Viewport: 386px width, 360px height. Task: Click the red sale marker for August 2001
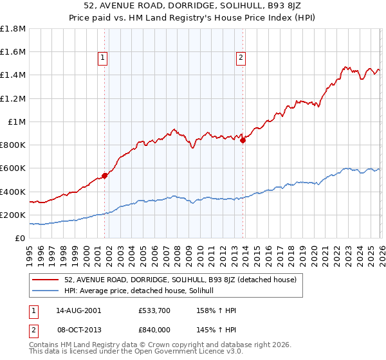coord(104,175)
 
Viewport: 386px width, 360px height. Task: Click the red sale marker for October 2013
coord(243,141)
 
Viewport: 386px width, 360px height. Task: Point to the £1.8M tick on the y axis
coord(14,29)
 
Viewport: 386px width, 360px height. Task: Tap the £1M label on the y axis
coord(17,122)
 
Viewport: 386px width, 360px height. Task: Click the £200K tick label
coord(14,215)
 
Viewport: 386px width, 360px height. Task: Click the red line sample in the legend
coord(45,280)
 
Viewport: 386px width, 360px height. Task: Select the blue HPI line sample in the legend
coord(45,291)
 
